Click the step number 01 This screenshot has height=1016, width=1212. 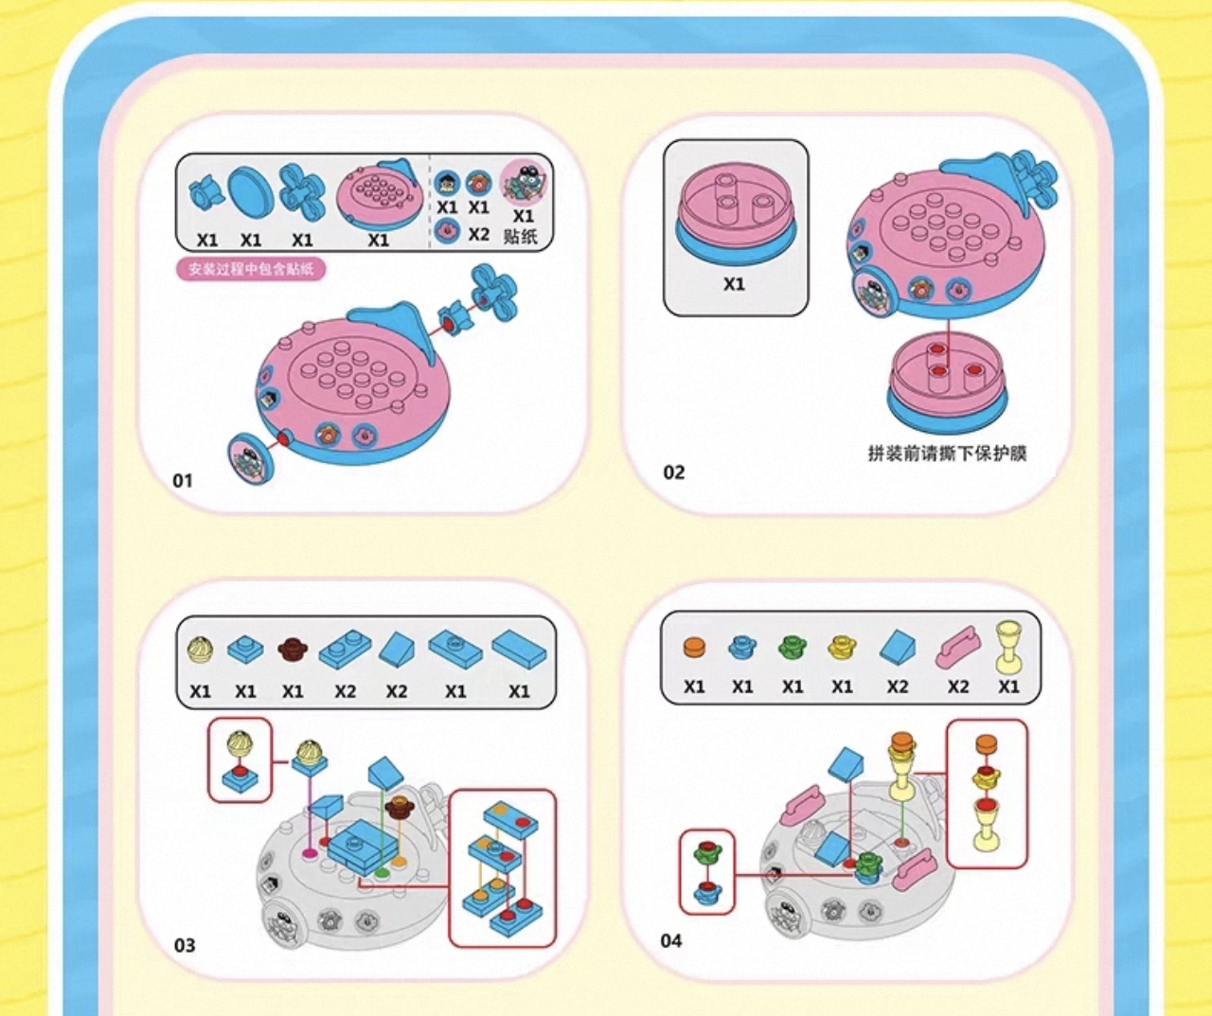click(183, 481)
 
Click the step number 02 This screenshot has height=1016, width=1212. click(673, 472)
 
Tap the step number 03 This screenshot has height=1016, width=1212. click(185, 945)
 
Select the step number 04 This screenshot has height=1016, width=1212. click(671, 940)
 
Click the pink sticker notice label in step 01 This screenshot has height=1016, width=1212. click(251, 270)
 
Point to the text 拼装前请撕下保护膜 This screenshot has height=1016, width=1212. click(947, 454)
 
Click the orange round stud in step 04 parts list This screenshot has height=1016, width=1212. click(694, 648)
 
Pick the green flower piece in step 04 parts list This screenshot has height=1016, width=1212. click(792, 648)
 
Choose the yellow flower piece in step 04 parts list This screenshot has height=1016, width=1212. click(841, 648)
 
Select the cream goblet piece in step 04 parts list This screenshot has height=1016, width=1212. click(1009, 644)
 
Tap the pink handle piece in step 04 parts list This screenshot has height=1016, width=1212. click(957, 648)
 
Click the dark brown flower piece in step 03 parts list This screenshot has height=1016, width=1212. click(294, 650)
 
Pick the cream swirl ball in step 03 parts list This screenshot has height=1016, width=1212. click(200, 650)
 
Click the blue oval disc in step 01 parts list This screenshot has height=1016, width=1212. click(251, 192)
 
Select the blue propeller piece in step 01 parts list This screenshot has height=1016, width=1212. click(302, 189)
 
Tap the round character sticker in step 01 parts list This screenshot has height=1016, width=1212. click(524, 182)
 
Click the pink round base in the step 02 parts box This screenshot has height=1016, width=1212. click(735, 212)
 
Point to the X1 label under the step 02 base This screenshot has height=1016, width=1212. click(734, 284)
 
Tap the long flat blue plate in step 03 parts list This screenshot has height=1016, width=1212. click(519, 650)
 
